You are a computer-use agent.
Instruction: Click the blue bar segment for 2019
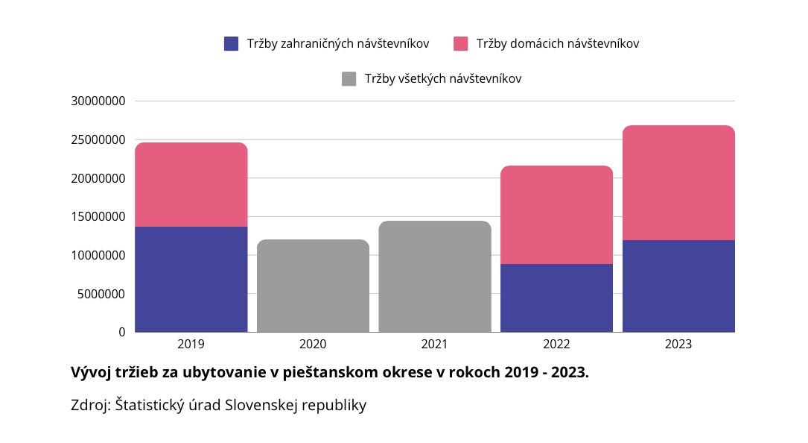(191, 279)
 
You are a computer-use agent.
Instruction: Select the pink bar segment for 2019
(191, 184)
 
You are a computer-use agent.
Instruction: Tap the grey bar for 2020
(313, 286)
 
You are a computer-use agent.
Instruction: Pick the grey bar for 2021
(435, 276)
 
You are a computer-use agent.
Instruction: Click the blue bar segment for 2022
(556, 298)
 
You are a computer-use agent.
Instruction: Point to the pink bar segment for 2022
(556, 215)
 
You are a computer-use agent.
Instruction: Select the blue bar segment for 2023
(678, 286)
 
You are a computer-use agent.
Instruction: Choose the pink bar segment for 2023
(678, 183)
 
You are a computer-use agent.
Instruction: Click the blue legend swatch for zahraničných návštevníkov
(232, 44)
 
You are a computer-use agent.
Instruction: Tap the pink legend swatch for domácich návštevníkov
(461, 44)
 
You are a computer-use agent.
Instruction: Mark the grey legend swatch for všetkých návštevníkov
(349, 79)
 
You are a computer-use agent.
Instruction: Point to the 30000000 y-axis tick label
(98, 101)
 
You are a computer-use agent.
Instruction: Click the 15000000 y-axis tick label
(98, 217)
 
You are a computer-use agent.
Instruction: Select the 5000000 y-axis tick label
(101, 294)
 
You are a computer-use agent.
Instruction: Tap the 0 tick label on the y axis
(121, 333)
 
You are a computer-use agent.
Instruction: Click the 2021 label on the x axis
(435, 345)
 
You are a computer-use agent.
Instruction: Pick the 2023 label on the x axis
(678, 345)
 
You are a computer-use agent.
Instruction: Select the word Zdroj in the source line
(88, 406)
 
